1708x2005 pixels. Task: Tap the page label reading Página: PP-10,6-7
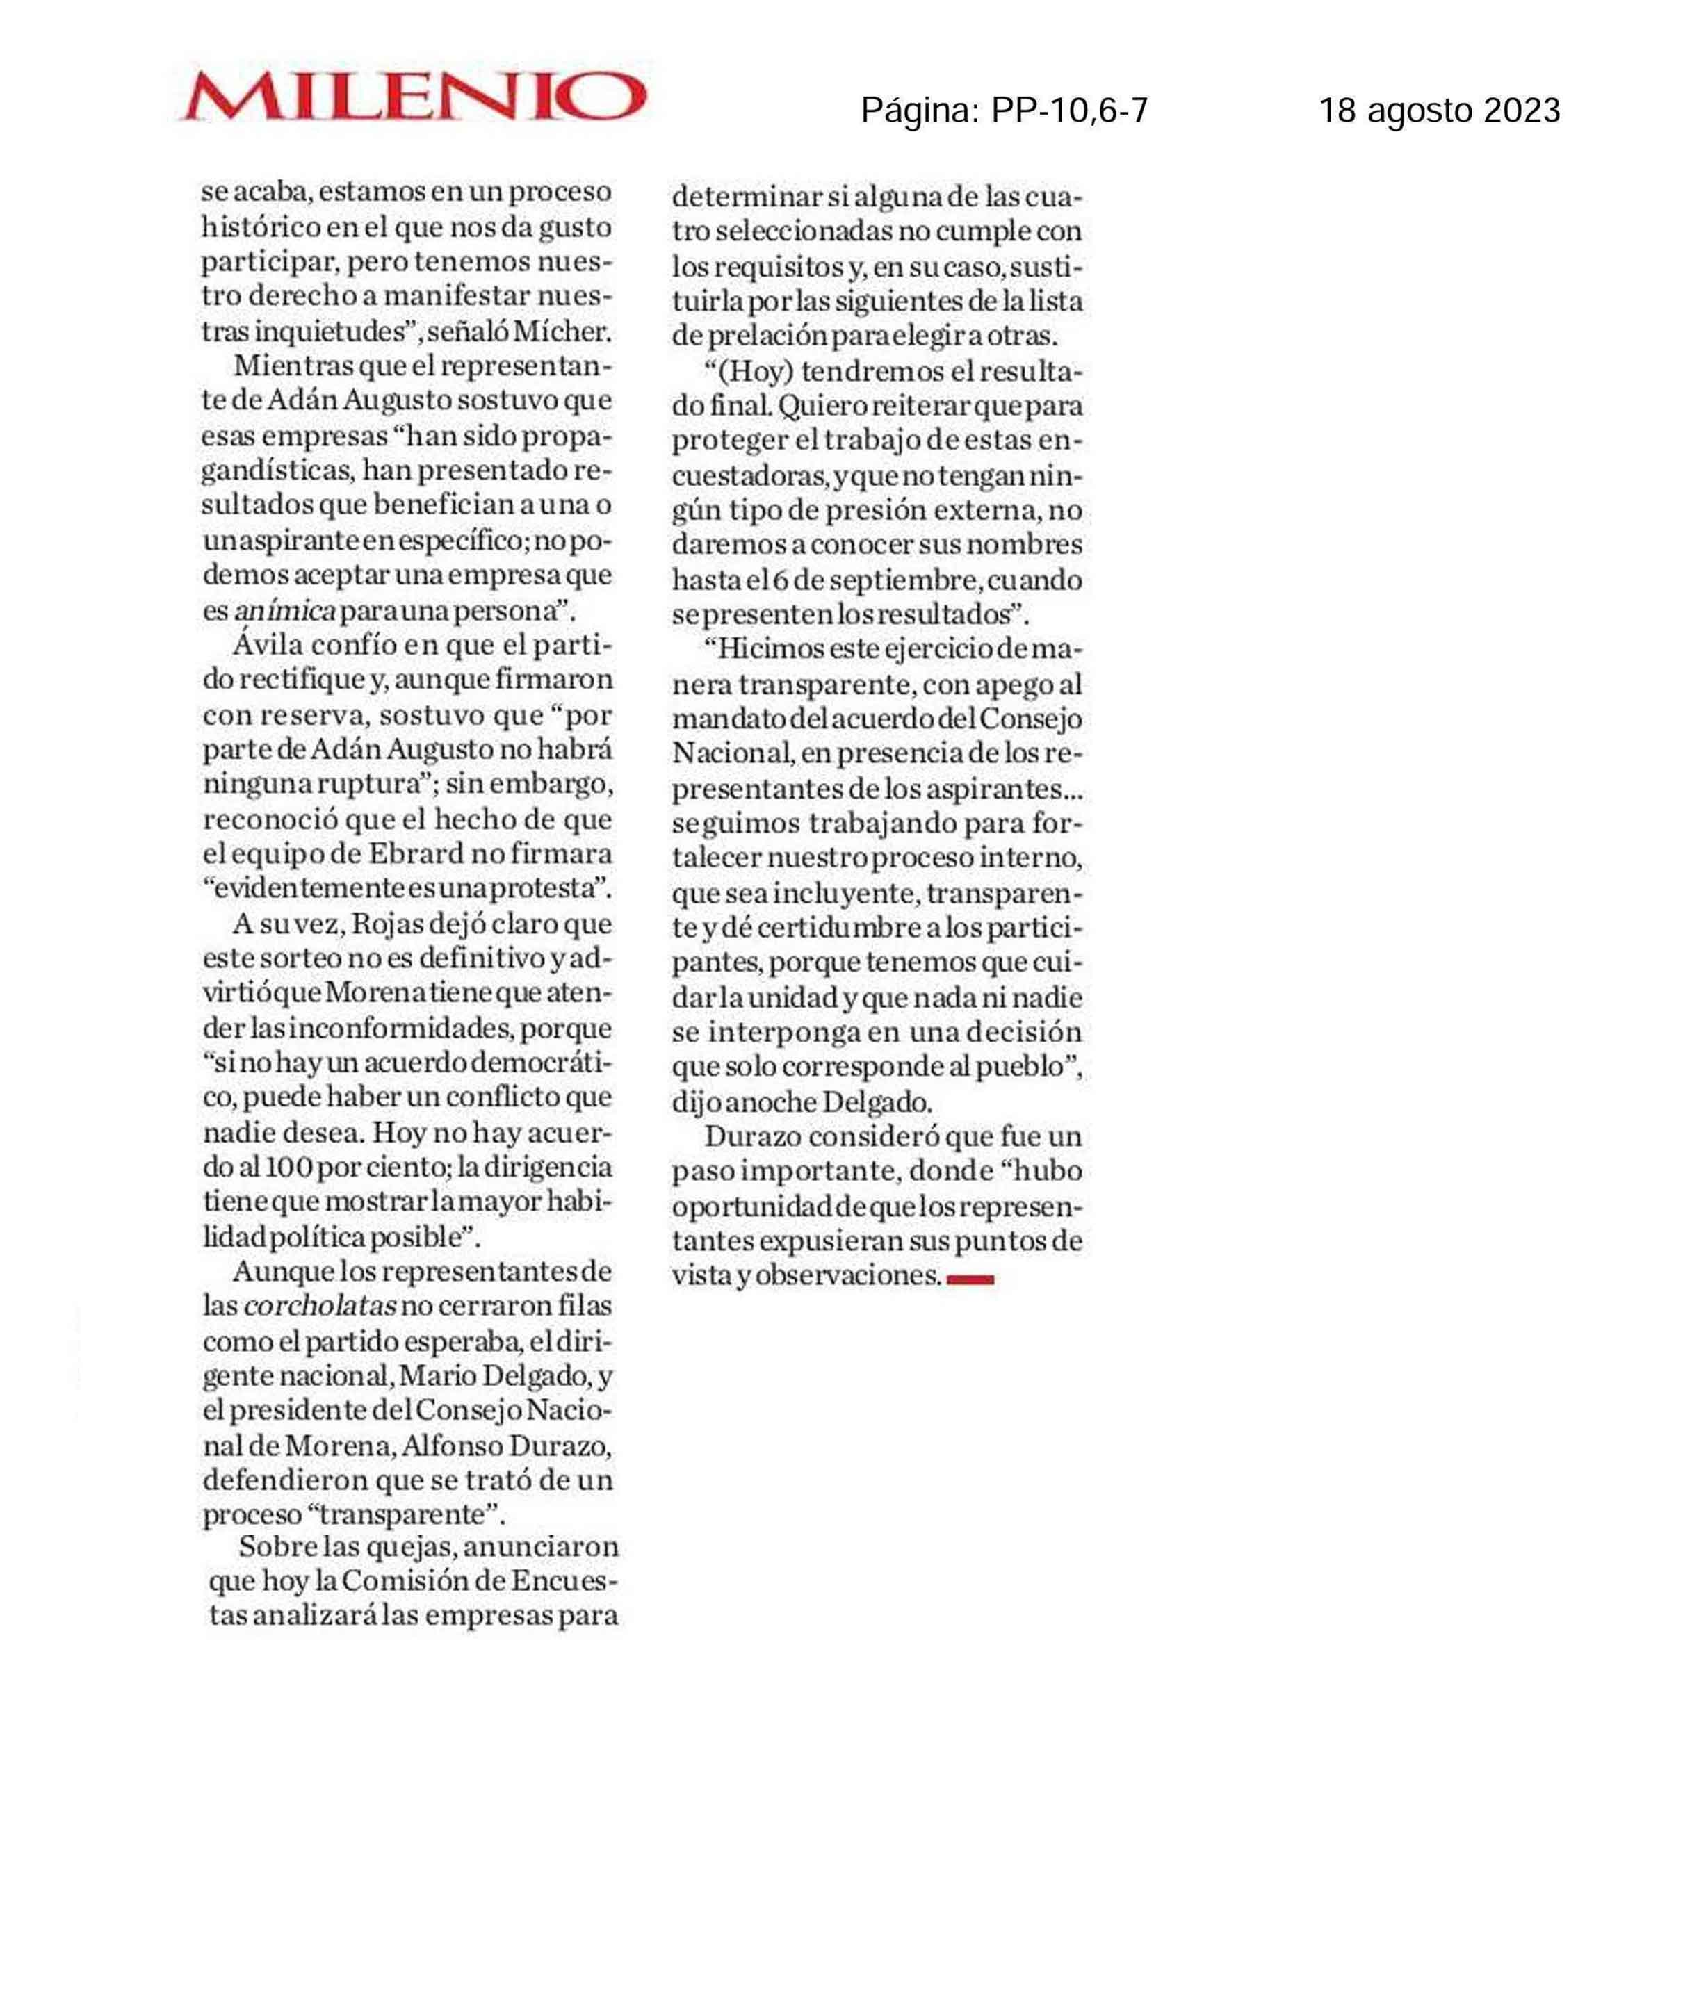[x=1004, y=111]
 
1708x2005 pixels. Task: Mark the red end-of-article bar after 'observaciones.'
[x=970, y=1279]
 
